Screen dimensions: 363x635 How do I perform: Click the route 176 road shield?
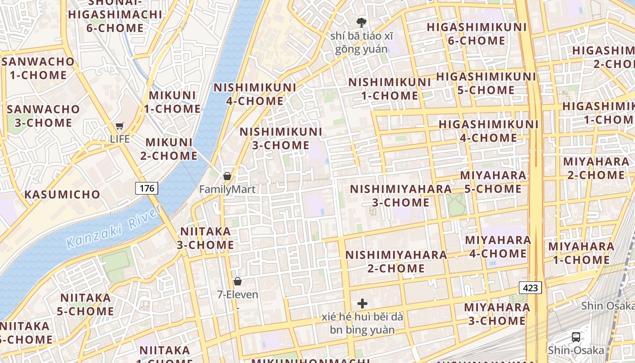tap(147, 188)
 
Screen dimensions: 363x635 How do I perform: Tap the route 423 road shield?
tap(530, 288)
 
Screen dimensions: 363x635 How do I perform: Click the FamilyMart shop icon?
tap(227, 176)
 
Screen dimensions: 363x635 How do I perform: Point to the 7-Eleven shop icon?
tap(238, 281)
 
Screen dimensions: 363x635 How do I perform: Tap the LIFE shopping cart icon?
tap(120, 126)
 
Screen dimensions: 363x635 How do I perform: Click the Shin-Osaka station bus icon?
tap(576, 337)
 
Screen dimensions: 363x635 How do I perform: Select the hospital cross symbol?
tap(362, 304)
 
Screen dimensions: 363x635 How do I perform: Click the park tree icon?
tap(361, 22)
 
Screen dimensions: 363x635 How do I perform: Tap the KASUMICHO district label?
tap(62, 195)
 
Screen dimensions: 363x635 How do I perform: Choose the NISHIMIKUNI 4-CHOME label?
tap(254, 94)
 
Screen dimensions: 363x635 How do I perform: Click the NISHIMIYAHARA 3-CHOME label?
tap(401, 196)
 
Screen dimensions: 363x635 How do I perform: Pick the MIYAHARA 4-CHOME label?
tap(498, 246)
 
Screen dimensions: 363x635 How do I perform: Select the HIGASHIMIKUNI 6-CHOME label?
tap(476, 34)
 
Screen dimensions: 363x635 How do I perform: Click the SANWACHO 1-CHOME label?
tap(38, 68)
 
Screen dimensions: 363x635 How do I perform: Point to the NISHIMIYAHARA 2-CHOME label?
tap(396, 261)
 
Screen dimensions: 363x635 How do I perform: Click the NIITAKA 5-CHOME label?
tap(86, 304)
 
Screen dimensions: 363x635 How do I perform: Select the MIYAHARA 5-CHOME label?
tap(493, 181)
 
